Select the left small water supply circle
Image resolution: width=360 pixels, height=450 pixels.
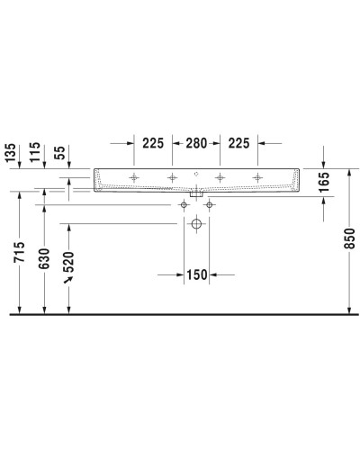[x=184, y=205]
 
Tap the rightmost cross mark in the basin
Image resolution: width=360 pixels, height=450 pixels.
[x=258, y=177]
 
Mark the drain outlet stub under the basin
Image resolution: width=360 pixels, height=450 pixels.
[x=196, y=193]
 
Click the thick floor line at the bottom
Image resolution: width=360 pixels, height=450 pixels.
[x=180, y=315]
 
